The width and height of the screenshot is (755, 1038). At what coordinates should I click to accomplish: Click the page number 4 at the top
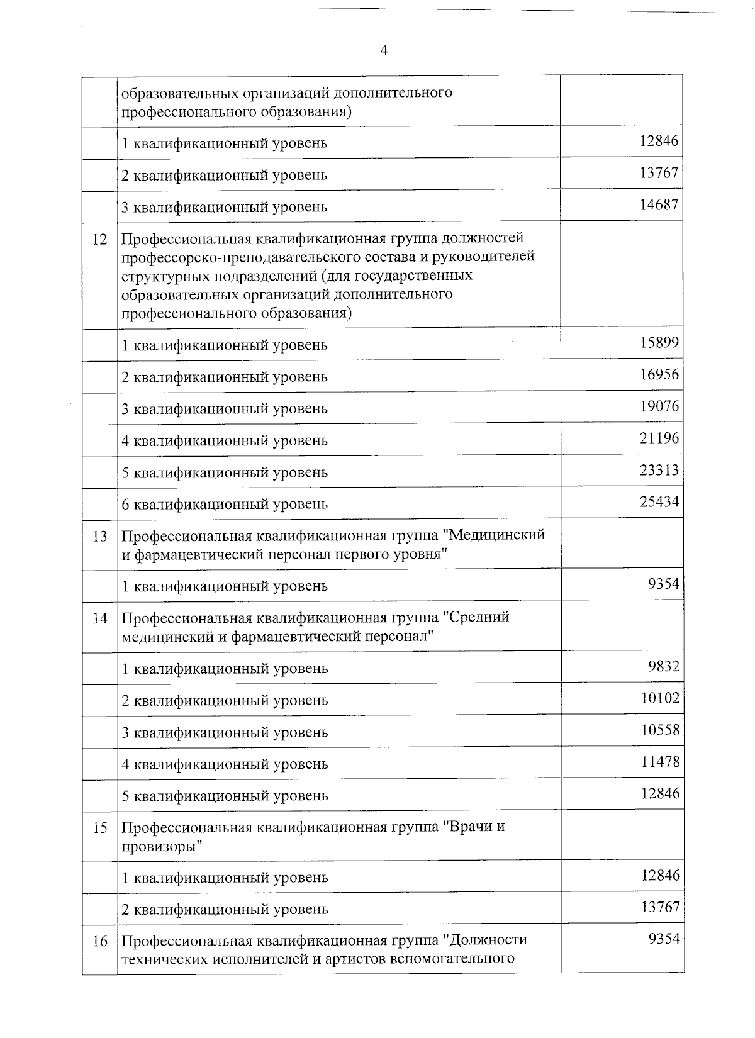point(383,51)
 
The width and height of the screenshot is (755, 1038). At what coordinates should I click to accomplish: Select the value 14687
point(659,204)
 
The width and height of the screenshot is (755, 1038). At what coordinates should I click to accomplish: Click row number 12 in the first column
point(100,240)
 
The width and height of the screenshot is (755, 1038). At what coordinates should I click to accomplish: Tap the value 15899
point(659,343)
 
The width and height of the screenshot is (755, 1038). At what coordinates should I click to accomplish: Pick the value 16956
point(659,375)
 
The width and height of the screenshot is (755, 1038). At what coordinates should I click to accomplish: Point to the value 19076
point(659,406)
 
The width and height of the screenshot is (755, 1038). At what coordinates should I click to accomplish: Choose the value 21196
point(659,438)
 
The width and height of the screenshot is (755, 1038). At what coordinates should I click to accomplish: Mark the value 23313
point(659,470)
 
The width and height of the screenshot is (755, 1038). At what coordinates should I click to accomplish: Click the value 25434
point(659,502)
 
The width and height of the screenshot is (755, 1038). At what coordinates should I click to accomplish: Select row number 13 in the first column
point(100,537)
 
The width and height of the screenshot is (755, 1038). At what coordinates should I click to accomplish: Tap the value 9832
point(664,666)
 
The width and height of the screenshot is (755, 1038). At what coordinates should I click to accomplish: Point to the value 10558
point(659,730)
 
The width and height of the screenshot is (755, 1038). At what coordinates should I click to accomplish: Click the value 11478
point(659,762)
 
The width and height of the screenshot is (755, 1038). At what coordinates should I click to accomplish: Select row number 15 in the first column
point(100,828)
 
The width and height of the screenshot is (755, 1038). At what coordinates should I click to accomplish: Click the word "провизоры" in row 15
point(162,847)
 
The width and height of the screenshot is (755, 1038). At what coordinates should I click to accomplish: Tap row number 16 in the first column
point(100,942)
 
